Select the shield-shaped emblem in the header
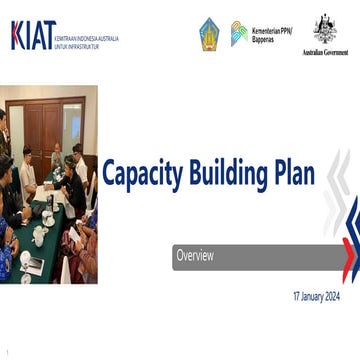point(209,34)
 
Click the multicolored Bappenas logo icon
point(239,33)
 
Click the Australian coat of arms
point(325,28)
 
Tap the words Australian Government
point(325,52)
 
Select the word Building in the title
point(233,175)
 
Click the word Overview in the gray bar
point(195,257)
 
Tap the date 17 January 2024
point(316,297)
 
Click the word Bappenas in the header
point(263,39)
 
